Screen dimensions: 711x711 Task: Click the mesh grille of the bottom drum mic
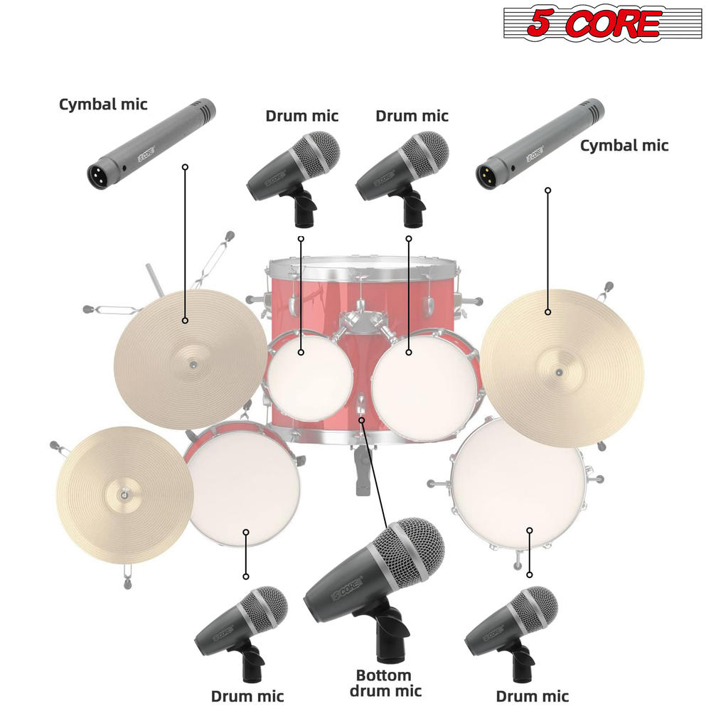(412, 550)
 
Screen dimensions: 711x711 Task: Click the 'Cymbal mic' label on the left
(103, 105)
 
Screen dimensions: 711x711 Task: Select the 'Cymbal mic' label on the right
(624, 145)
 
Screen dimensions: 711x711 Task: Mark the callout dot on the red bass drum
(362, 420)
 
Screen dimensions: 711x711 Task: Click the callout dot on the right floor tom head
(530, 530)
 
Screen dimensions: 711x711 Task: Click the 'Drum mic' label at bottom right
(532, 696)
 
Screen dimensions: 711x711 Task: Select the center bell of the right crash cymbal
(558, 372)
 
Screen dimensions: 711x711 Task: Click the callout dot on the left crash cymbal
(185, 321)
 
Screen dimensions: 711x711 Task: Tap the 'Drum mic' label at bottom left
(247, 696)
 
